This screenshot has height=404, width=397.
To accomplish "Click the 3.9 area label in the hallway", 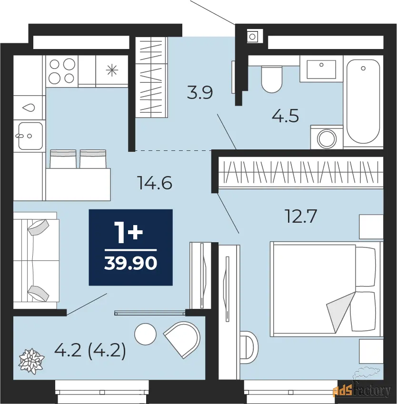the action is coord(200,93).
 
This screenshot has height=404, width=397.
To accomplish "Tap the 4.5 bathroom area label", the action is coord(286,116).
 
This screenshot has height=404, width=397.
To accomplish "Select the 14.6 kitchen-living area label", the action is coord(155,183).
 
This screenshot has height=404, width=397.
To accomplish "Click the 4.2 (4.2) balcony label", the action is coord(90,350).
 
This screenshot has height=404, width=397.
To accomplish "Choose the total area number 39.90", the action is coord(131,263).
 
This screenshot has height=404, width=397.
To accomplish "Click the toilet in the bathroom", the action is coord(271,79).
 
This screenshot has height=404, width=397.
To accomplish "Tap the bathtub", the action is coord(363,102).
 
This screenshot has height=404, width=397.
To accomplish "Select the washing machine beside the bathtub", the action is coord(327,137).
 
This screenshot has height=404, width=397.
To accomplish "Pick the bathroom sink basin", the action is coord(321,69).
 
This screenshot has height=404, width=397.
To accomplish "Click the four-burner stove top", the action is coord(62,71).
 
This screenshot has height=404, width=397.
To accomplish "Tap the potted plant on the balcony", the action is coord(31,361).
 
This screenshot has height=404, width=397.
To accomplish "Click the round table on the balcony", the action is coord(145,334).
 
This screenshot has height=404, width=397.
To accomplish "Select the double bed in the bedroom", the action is coord(327,289).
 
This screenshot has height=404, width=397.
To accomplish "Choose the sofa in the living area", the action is coord(36,260).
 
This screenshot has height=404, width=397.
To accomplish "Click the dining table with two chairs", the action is coord(78,175).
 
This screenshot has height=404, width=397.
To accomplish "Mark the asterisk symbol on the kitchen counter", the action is coord(112,70).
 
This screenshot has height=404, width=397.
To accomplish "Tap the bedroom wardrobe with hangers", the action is coord(301,172).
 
